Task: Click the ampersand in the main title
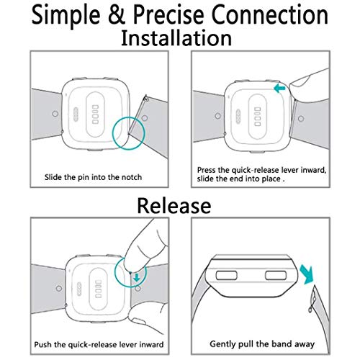[117, 15]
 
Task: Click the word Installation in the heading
[176, 38]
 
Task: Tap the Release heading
[174, 206]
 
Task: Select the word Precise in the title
[168, 15]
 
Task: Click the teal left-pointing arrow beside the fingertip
[279, 89]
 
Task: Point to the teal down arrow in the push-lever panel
[137, 278]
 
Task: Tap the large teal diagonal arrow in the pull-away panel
[307, 275]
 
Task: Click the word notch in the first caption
[132, 177]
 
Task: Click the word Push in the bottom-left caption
[42, 345]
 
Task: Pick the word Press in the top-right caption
[207, 170]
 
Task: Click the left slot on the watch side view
[226, 275]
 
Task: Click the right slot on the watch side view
[276, 275]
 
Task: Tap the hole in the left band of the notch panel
[55, 114]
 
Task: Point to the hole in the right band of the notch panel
[145, 118]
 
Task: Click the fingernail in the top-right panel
[300, 81]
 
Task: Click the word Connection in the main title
[270, 15]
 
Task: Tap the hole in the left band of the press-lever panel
[218, 116]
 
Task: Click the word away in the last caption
[305, 344]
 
